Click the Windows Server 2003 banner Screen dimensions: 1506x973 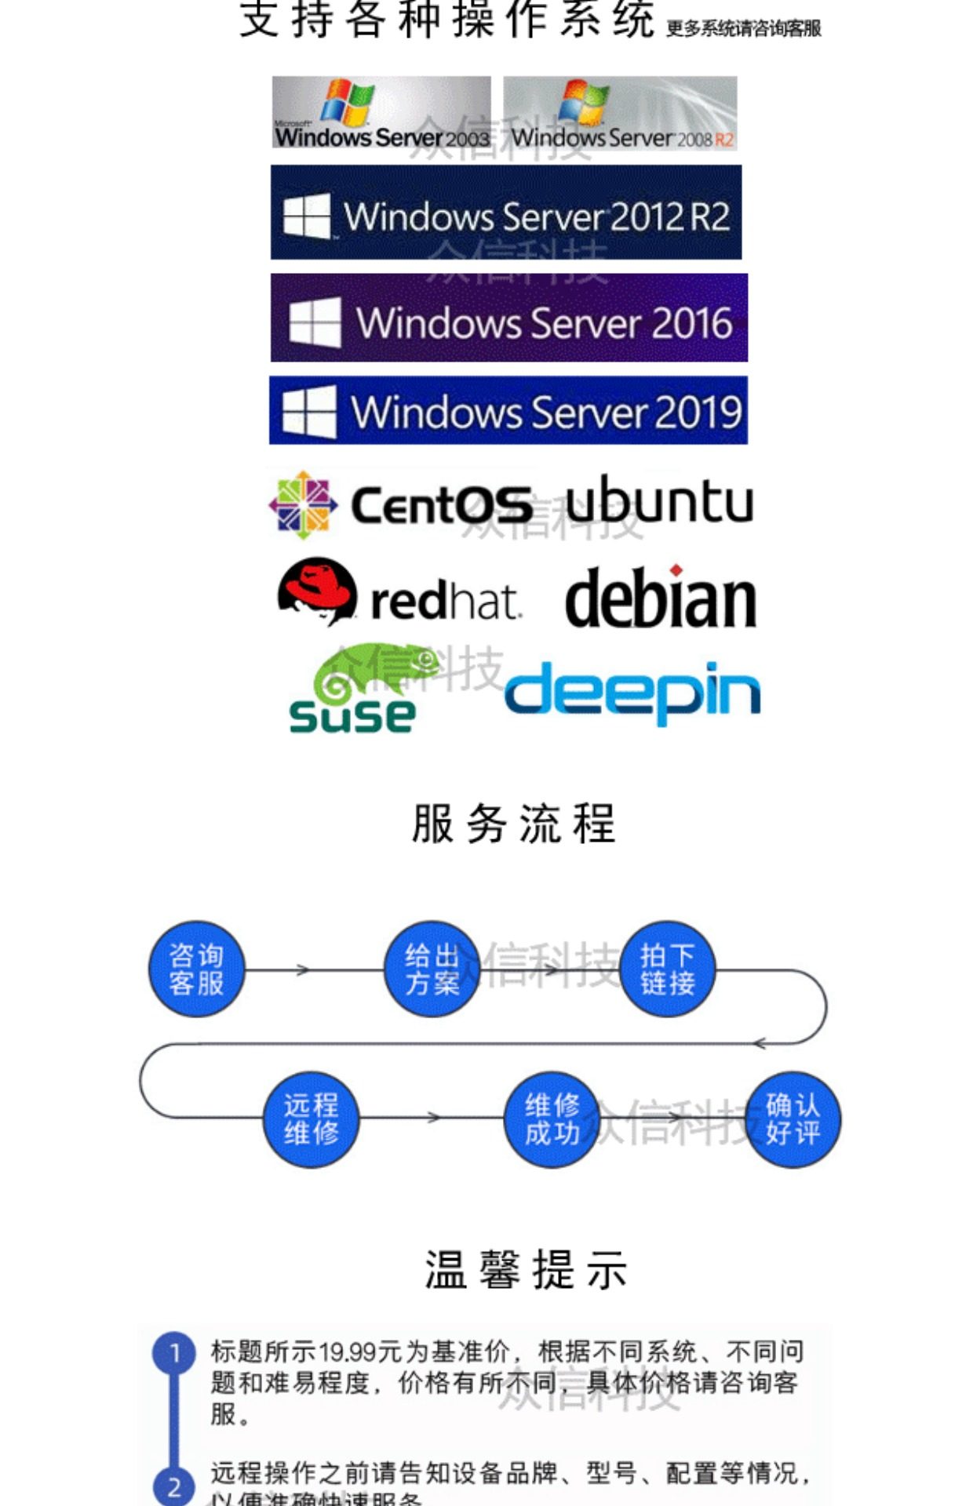pos(381,113)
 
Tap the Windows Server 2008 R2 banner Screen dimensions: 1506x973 pos(620,113)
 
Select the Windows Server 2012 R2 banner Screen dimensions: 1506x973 pos(506,213)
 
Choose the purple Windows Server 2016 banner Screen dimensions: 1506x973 pos(508,318)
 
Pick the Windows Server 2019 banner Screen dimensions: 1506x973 pos(508,410)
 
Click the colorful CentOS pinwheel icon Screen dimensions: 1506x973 pos(303,504)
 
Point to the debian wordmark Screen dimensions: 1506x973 pos(661,598)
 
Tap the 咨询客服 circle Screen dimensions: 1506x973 pos(196,969)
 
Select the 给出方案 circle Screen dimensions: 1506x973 pos(432,969)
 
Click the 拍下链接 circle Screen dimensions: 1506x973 pos(667,969)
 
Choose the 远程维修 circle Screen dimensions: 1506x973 pos(311,1119)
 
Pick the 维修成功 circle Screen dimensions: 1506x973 pos(552,1119)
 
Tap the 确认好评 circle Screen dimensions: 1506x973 pos(793,1119)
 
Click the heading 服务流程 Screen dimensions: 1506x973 pos(514,824)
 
